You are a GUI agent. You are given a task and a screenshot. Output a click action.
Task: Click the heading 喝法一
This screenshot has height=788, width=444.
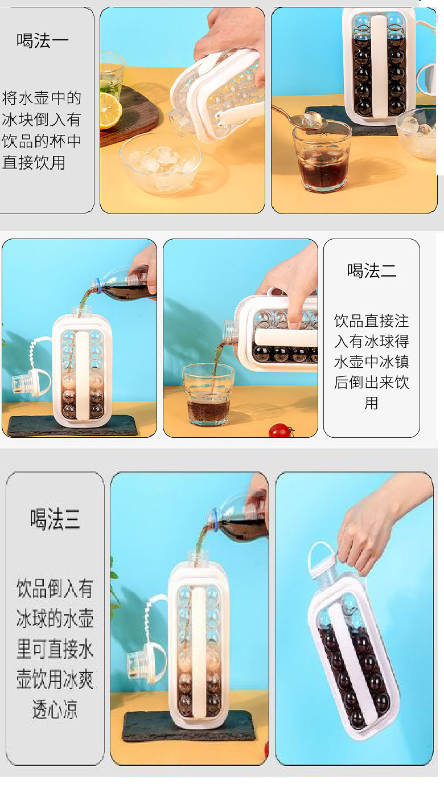[x=43, y=40]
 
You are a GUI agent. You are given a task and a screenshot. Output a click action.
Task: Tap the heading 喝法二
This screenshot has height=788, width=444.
[x=372, y=270]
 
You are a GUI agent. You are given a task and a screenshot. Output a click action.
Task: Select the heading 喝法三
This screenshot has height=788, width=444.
[x=55, y=519]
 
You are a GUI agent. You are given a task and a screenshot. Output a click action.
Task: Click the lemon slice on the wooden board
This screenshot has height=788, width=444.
[x=109, y=110]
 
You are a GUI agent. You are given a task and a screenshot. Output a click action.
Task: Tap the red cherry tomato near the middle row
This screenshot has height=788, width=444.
[x=280, y=430]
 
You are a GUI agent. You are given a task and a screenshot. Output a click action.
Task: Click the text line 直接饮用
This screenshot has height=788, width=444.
[x=34, y=162]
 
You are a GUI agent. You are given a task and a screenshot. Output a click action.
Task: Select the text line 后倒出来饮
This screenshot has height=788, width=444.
[x=371, y=382]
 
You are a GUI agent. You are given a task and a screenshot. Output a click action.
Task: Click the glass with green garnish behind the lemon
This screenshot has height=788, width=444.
[x=112, y=71]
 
